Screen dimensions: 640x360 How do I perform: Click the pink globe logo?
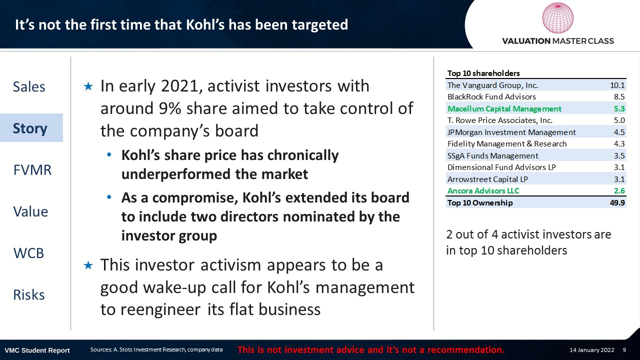557,18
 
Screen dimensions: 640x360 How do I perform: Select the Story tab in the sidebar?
30,128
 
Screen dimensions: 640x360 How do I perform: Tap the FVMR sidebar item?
32,170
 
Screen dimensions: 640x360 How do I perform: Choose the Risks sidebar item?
29,294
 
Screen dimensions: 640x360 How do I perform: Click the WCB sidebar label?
28,253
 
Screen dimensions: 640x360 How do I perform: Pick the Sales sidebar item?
29,86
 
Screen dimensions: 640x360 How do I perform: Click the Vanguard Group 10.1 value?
617,85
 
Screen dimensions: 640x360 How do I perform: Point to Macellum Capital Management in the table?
504,109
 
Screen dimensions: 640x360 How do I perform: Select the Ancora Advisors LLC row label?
483,190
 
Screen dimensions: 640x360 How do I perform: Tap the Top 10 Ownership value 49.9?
617,203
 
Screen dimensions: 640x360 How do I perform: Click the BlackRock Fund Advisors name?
491,97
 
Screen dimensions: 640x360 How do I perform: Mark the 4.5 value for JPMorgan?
619,132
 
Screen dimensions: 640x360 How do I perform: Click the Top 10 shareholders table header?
483,73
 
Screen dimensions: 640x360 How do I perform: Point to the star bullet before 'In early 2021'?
88,86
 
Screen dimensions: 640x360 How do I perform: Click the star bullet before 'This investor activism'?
88,265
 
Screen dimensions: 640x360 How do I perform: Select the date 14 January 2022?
591,350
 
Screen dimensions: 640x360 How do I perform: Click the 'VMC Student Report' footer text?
37,350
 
